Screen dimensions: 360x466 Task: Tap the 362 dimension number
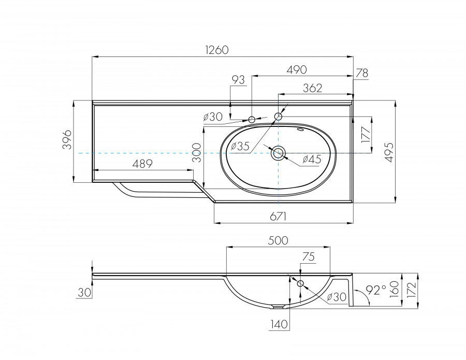tap(312, 88)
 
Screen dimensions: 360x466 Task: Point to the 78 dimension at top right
tap(362, 73)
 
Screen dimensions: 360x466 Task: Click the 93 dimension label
tap(238, 80)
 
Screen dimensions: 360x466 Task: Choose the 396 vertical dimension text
tap(67, 140)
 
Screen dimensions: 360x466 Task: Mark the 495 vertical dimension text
tap(405, 150)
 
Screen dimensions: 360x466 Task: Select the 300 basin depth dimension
tap(196, 153)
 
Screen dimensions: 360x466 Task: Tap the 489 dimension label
tap(142, 164)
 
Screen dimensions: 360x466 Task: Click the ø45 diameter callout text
tap(311, 160)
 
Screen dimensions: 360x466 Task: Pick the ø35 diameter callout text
tap(240, 147)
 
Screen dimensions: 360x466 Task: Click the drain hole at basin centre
tap(278, 153)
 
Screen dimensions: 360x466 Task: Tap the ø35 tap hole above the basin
tap(278, 117)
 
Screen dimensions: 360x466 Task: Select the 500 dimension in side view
tap(278, 240)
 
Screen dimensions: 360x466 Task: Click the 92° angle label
tap(376, 291)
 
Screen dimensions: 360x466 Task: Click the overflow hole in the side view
tap(300, 283)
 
